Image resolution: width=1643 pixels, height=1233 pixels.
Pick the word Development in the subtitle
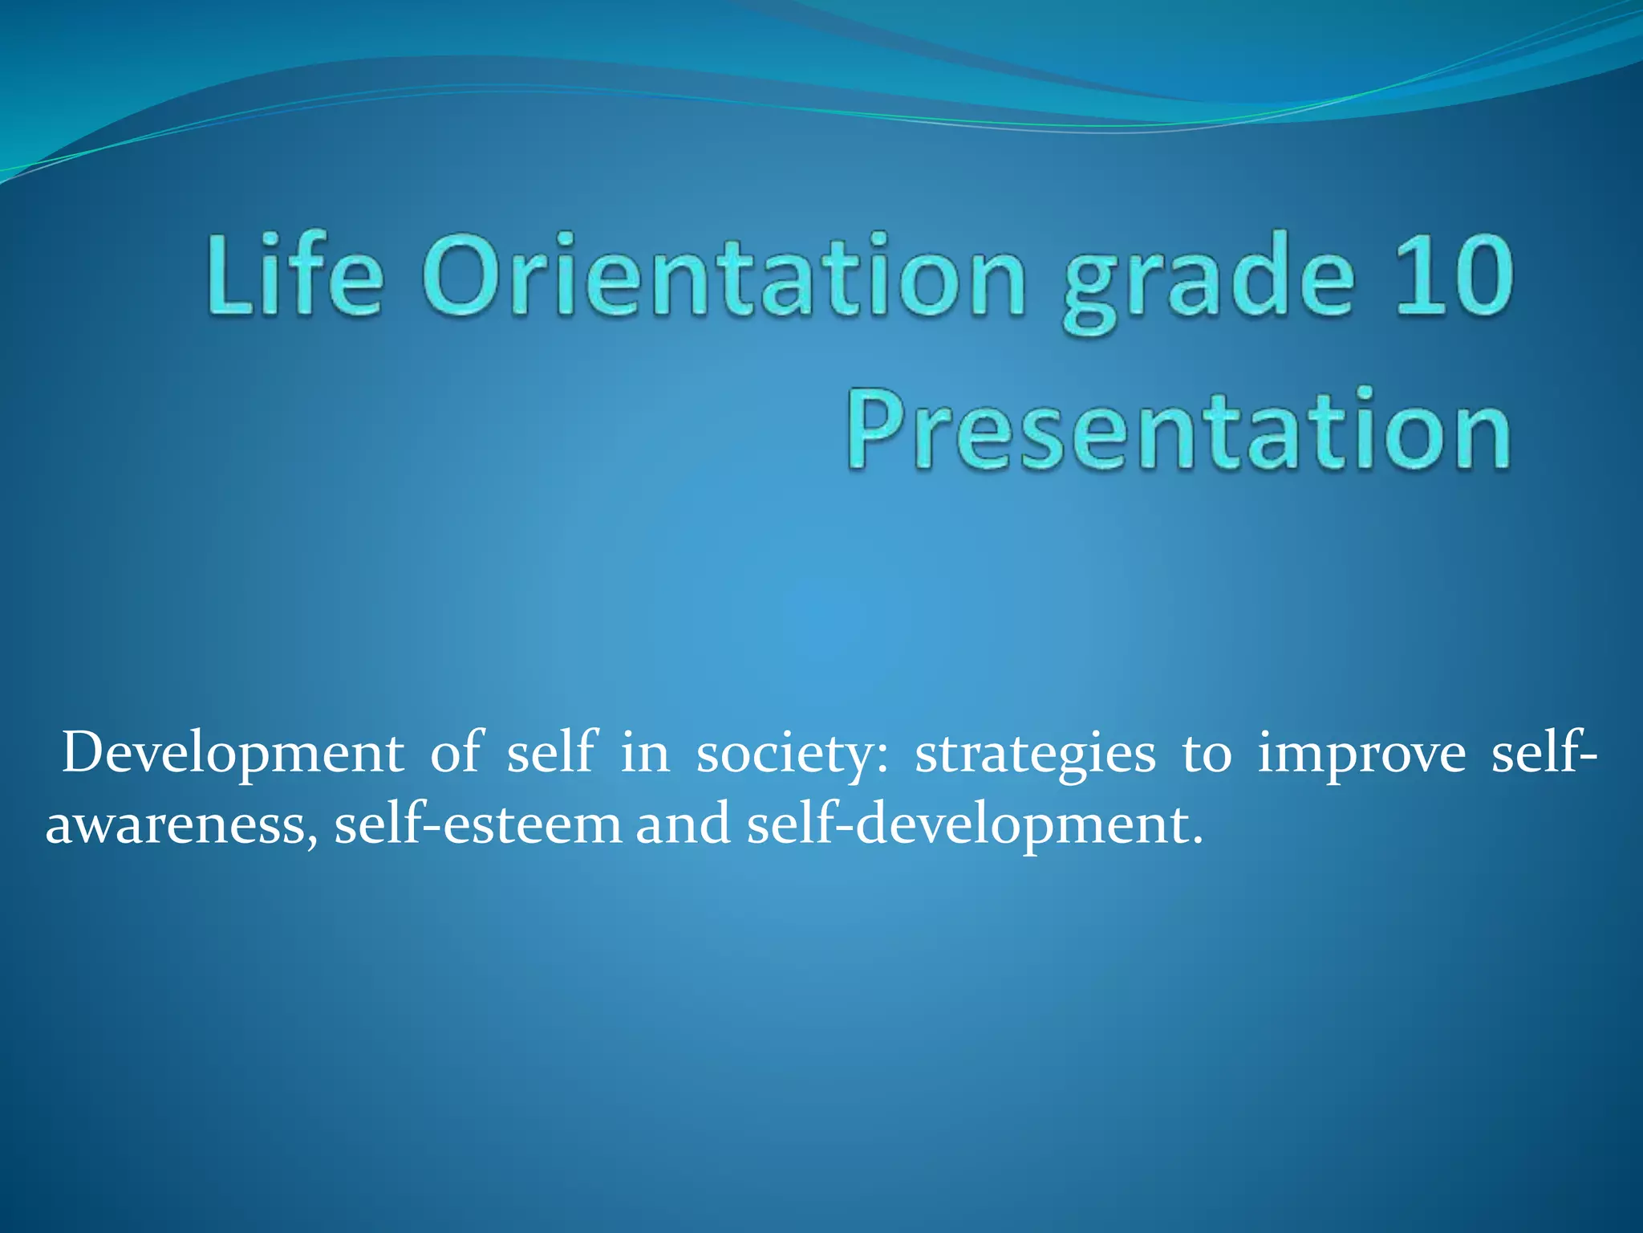233,755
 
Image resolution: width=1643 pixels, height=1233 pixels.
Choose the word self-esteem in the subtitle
478,824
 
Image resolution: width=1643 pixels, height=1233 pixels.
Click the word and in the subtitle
684,824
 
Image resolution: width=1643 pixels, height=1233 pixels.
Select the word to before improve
1206,755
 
